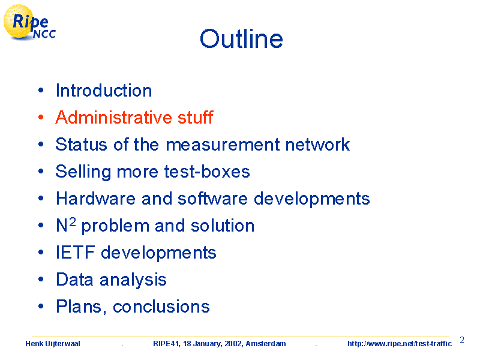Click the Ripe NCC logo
point(29,23)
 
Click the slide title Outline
point(241,39)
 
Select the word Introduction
point(104,91)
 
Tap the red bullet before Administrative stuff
point(41,117)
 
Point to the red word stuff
point(196,117)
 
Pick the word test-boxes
point(207,172)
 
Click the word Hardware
point(96,199)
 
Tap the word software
point(213,199)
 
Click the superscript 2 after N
point(72,221)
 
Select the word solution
point(223,226)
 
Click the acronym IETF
point(76,253)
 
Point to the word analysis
point(133,280)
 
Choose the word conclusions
point(161,307)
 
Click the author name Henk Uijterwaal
point(53,343)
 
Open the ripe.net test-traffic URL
point(400,343)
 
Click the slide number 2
point(462,340)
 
